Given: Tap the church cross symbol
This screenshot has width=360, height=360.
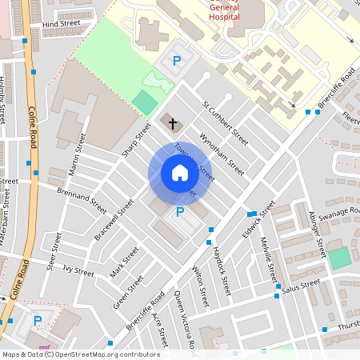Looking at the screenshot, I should (x=173, y=122).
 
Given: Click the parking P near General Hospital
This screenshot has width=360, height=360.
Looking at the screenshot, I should (x=178, y=61).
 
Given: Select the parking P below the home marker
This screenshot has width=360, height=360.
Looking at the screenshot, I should (x=180, y=212).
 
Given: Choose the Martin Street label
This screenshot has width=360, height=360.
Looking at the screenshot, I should (x=78, y=154).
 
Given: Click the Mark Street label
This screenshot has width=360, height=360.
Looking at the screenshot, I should (x=125, y=261).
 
